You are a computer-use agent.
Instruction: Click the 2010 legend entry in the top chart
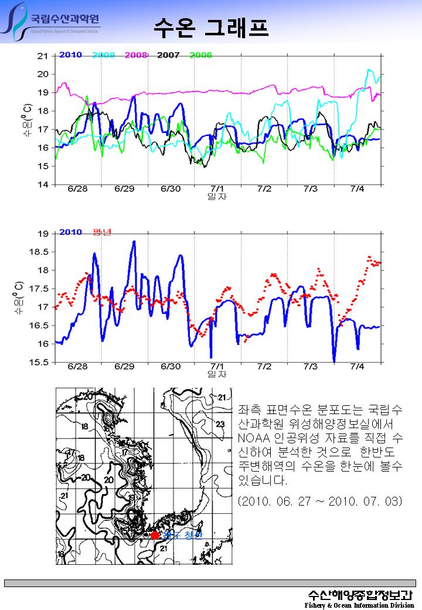coord(70,55)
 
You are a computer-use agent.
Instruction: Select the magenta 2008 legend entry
coord(135,55)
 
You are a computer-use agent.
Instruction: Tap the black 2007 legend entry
coord(168,55)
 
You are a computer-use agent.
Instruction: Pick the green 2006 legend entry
coord(200,55)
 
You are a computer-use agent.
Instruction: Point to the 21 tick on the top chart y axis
coord(42,56)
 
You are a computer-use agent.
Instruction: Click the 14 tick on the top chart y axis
coord(42,185)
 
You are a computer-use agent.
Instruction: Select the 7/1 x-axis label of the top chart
coord(217,189)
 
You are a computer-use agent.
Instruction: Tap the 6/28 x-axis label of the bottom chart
coord(77,367)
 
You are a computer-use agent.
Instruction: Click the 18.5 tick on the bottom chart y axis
coord(39,252)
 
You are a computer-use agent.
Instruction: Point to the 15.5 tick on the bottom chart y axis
coord(39,362)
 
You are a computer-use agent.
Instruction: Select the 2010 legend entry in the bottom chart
coord(70,232)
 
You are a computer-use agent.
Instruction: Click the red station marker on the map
coord(155,535)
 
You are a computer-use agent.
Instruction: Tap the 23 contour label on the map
coord(220,424)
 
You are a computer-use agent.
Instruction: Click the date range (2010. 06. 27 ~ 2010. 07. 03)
coord(320,502)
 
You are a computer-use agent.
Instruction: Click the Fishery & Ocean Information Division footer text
coord(359,605)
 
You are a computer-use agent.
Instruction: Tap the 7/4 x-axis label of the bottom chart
coord(357,367)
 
